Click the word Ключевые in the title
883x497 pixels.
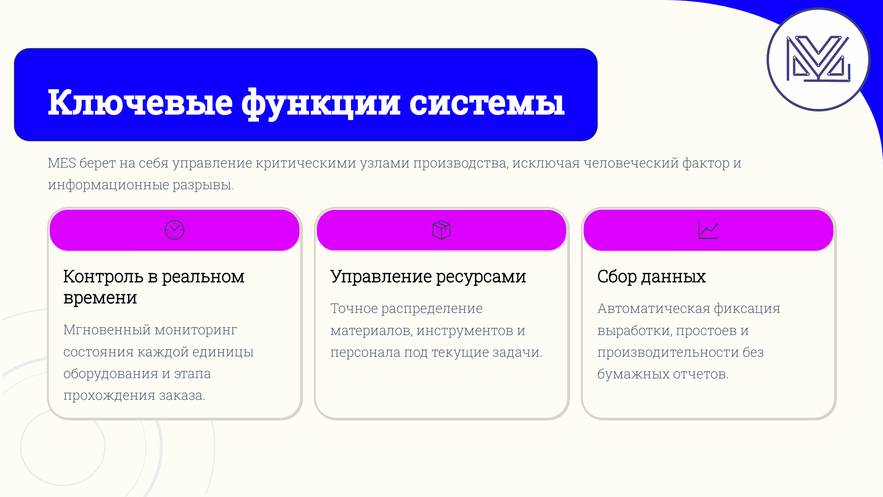pyautogui.click(x=140, y=103)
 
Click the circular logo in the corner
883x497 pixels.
pyautogui.click(x=818, y=59)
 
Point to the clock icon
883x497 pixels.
pyautogui.click(x=174, y=230)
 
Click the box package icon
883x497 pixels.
pyautogui.click(x=441, y=230)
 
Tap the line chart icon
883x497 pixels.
pyautogui.click(x=708, y=230)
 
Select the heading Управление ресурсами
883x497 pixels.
pyautogui.click(x=428, y=276)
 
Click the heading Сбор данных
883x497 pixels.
pyautogui.click(x=651, y=276)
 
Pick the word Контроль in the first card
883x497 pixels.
pyautogui.click(x=103, y=276)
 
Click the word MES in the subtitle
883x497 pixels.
pyautogui.click(x=62, y=163)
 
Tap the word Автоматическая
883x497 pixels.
pyautogui.click(x=653, y=309)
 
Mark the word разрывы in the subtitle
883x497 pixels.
pyautogui.click(x=203, y=185)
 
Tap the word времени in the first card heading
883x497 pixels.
pyautogui.click(x=100, y=298)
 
